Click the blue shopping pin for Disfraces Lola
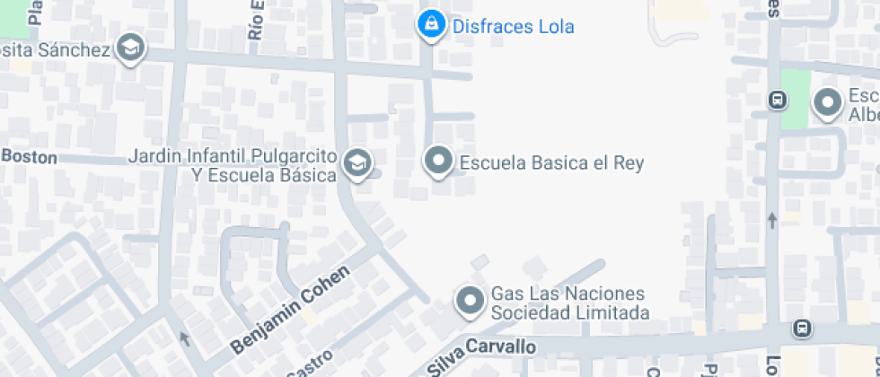click(431, 24)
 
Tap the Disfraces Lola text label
click(513, 27)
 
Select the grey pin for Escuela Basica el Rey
click(438, 162)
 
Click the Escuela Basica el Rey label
click(551, 163)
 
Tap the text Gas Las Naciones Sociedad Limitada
click(568, 303)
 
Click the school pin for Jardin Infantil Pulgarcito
click(357, 162)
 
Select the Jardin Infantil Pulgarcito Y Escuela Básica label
click(233, 165)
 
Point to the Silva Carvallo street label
click(480, 348)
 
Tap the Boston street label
click(30, 157)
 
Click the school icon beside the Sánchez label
click(132, 48)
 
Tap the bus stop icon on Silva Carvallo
click(802, 329)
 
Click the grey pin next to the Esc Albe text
click(826, 103)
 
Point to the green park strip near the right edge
click(795, 99)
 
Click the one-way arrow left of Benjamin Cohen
click(184, 338)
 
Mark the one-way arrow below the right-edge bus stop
click(771, 219)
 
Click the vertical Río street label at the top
click(257, 20)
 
